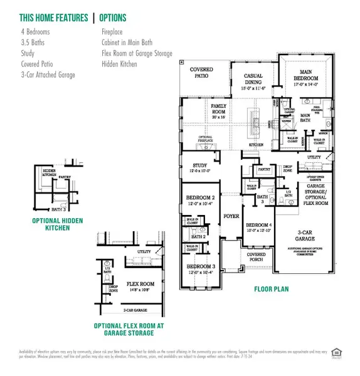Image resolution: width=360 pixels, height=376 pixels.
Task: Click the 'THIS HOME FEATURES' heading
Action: coord(48,18)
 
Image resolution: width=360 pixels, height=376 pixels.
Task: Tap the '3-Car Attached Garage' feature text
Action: coord(47,75)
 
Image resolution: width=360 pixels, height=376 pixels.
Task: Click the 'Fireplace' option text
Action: coord(114,30)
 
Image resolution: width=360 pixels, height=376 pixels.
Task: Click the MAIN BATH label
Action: coord(305,115)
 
